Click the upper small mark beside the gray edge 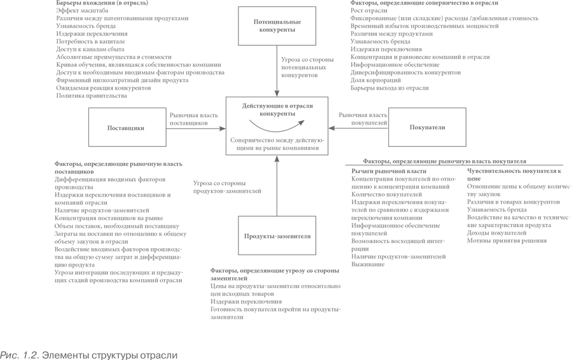569,187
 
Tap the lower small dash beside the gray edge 569,218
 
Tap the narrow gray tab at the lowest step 89,352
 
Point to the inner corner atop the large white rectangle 445,259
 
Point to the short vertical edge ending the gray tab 178,352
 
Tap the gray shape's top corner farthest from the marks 1,1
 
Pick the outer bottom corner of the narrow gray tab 177,359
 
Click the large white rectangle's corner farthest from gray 571,359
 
